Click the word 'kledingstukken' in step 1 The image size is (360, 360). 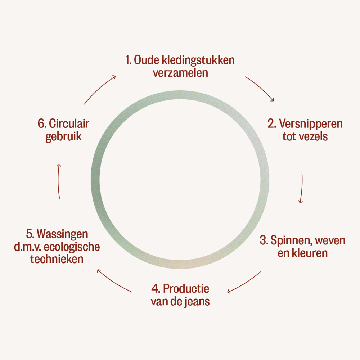pyautogui.click(x=198, y=60)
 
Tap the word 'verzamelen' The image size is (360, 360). pyautogui.click(x=180, y=73)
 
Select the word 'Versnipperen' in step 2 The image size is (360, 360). pyautogui.click(x=311, y=124)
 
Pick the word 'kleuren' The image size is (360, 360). pyautogui.click(x=310, y=253)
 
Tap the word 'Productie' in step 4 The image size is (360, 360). pyautogui.click(x=186, y=289)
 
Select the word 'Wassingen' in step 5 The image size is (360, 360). pyautogui.click(x=62, y=234)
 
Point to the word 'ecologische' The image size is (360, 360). pyautogui.click(x=72, y=247)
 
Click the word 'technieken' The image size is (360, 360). pyautogui.click(x=57, y=259)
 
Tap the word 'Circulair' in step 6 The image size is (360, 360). pyautogui.click(x=69, y=124)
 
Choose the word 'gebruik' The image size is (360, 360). pyautogui.click(x=64, y=137)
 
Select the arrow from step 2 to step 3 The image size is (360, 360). pyautogui.click(x=302, y=188)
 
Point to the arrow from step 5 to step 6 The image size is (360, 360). pyautogui.click(x=58, y=181)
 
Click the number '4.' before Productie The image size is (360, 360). pyautogui.click(x=156, y=289)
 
